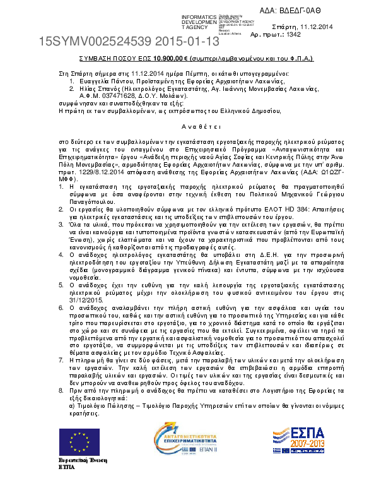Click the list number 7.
61,342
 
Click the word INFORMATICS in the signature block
199,16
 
